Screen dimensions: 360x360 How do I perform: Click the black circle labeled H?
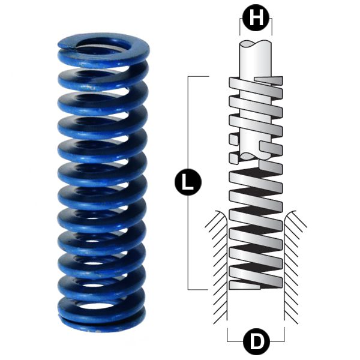tap(256, 19)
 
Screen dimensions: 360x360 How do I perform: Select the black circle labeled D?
tap(256, 343)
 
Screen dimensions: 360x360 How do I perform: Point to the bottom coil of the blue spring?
tap(101, 318)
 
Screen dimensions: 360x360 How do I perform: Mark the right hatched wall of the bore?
tap(295, 252)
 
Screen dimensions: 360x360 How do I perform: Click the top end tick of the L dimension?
tap(198, 77)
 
